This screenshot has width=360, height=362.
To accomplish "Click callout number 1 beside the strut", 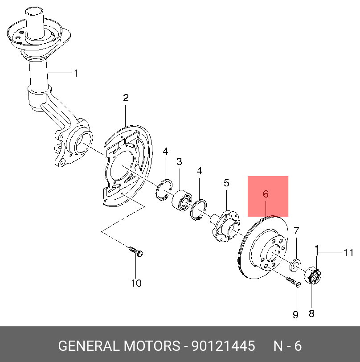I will click(76, 73).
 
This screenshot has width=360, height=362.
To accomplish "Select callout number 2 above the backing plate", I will click(126, 98).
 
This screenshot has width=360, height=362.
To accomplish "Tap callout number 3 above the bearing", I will click(179, 162).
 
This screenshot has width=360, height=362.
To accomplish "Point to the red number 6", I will click(266, 194).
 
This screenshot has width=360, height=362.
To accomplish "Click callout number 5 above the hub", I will click(226, 183).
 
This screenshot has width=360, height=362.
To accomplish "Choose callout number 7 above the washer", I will click(296, 230).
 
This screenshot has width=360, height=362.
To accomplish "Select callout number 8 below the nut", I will click(311, 313).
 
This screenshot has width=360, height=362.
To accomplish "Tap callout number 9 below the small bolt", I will click(295, 315).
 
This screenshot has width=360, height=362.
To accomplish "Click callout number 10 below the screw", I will click(135, 283).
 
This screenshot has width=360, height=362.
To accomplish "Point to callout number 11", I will click(348, 253).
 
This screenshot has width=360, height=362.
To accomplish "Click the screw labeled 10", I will click(135, 251).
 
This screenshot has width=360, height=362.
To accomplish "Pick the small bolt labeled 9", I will click(292, 282).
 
